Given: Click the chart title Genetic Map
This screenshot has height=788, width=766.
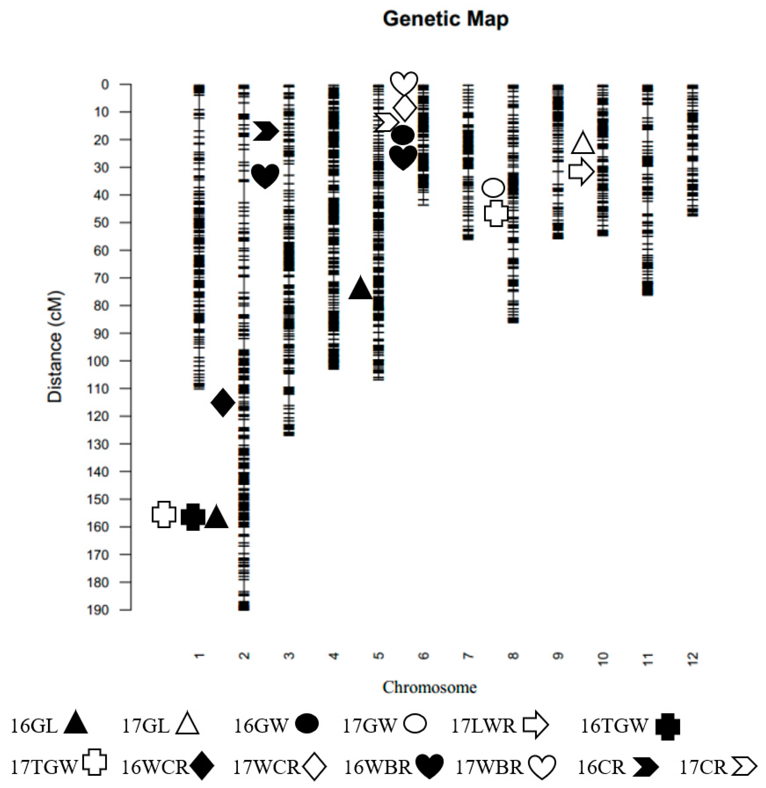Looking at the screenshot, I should tap(445, 19).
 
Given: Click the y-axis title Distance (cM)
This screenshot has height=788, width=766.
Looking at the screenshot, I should tap(55, 347).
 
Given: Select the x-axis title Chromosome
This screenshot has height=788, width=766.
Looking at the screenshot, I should tap(429, 687).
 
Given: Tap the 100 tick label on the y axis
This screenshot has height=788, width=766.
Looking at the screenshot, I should tap(98, 361).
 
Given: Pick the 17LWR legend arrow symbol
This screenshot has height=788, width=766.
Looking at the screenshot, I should tap(536, 726).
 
